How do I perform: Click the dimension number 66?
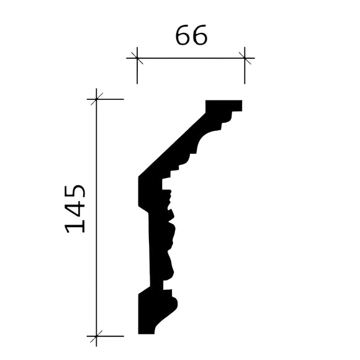tap(191, 37)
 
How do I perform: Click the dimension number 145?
tap(76, 207)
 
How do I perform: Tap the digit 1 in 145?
tap(76, 225)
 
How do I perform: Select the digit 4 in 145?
tap(76, 209)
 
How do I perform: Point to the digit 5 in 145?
tap(76, 191)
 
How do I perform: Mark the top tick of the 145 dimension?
tap(96, 99)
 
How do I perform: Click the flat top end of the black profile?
tap(223, 104)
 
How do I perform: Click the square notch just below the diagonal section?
tap(166, 184)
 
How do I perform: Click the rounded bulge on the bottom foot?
tap(173, 304)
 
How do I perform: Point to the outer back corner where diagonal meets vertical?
tap(138, 178)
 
